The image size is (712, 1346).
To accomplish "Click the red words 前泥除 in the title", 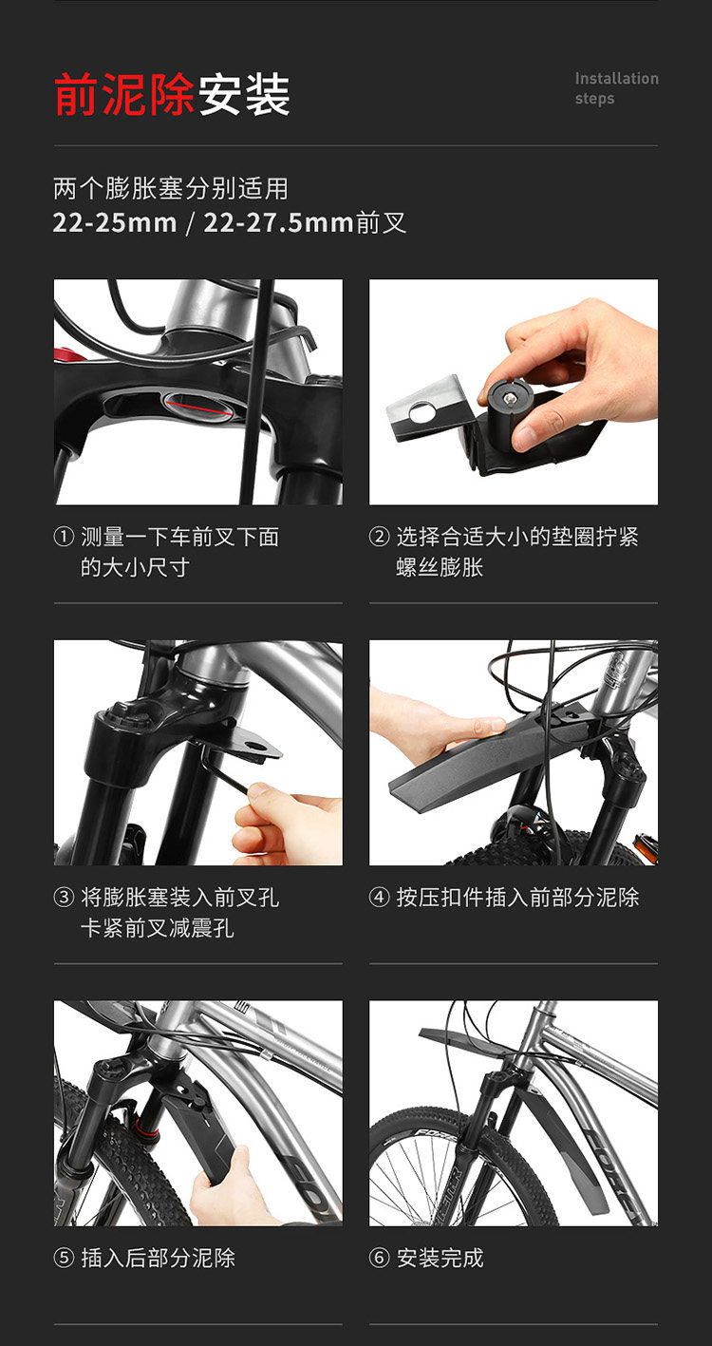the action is (x=124, y=94).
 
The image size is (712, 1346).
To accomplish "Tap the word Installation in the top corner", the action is (x=616, y=79).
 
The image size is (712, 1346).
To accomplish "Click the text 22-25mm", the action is (x=115, y=223).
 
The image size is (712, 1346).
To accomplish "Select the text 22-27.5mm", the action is (x=278, y=223).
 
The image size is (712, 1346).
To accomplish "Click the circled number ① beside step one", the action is (x=64, y=536).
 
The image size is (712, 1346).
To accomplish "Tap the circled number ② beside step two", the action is (x=379, y=536).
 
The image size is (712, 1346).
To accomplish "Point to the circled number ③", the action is (x=64, y=897).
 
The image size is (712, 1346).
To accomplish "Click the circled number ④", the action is (x=379, y=897).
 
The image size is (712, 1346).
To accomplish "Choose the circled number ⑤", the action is (x=64, y=1257).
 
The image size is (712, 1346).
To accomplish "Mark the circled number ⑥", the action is (x=379, y=1257).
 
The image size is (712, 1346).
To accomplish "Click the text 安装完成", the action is (x=440, y=1257).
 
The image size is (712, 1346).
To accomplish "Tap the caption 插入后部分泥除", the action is (x=158, y=1257).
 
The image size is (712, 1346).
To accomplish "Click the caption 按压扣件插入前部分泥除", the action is (x=517, y=897).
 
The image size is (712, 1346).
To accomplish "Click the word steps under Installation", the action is (x=594, y=99).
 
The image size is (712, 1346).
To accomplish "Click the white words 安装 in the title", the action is (x=244, y=94).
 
